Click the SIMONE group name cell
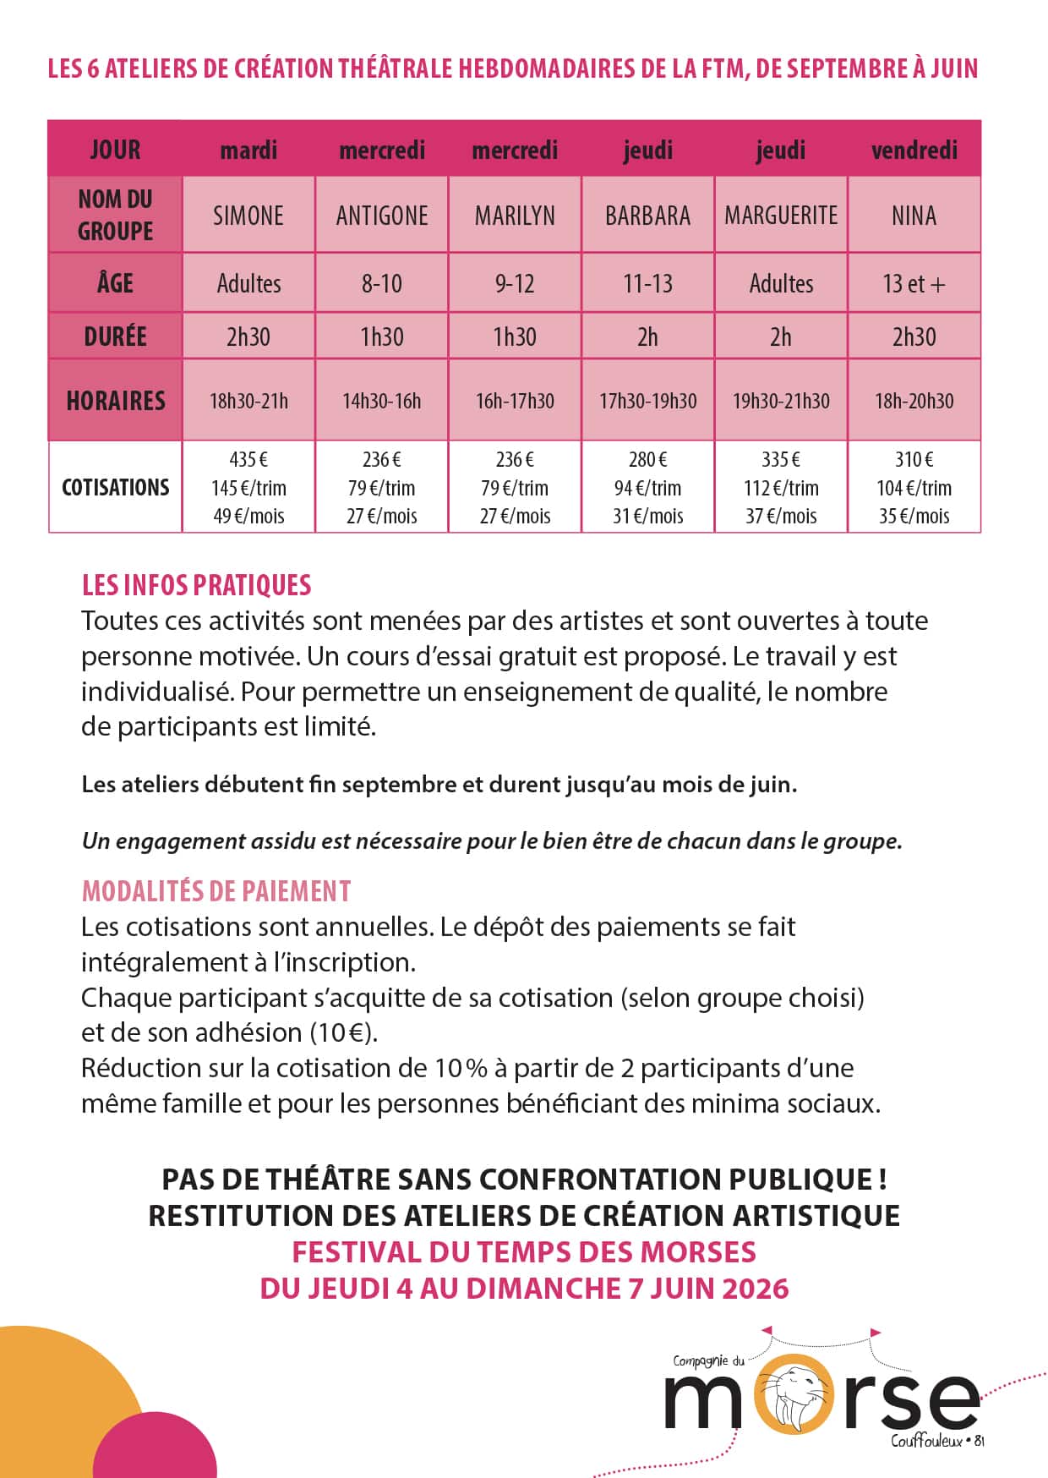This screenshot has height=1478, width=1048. pos(248,216)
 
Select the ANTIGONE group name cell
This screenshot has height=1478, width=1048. pos(382,216)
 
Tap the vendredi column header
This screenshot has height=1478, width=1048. pos(914,151)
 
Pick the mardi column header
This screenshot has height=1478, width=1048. pos(248,151)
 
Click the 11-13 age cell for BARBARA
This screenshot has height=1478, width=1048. pos(648,283)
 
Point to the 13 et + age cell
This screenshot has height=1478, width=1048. pos(914,283)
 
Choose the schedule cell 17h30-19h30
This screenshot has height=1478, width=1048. pos(648,401)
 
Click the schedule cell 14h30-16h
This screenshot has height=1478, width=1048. pos(382,401)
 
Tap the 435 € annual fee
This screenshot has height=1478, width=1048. pos(248,460)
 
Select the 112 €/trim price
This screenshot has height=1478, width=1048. pos(781,488)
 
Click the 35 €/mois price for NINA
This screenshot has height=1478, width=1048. pos(914,516)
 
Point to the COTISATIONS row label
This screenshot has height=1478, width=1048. pos(116,488)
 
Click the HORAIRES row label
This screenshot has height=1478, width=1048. pos(116,401)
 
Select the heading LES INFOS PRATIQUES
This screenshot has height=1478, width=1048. pos(197,585)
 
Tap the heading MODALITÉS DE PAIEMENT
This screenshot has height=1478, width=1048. pos(216,891)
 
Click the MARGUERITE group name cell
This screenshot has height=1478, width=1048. pos(781,216)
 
